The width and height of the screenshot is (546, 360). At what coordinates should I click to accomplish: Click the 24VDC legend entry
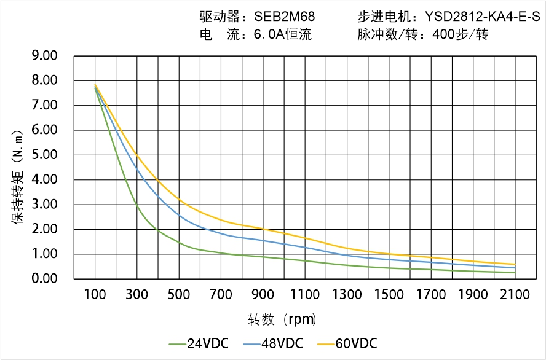(199, 343)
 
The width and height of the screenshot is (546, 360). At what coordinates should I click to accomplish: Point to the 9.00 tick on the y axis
(44, 56)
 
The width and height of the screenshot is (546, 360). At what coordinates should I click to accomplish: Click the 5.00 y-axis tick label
(44, 155)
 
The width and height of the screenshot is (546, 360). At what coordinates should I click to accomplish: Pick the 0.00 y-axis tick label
(44, 279)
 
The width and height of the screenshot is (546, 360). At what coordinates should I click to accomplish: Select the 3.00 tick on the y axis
(44, 205)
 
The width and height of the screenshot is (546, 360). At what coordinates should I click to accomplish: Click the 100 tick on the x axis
(95, 294)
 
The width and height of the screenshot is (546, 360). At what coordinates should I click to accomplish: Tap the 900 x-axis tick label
(263, 294)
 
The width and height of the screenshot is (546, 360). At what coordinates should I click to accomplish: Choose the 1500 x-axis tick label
(389, 294)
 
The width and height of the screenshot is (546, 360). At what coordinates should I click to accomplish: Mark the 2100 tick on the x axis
(515, 294)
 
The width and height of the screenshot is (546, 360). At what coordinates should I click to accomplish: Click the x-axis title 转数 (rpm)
(282, 319)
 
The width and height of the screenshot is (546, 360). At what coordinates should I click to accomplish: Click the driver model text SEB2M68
(285, 17)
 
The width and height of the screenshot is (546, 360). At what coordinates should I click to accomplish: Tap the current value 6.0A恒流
(282, 34)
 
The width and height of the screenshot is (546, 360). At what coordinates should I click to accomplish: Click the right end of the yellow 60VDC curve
(515, 264)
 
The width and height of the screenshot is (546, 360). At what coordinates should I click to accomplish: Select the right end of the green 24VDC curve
(515, 273)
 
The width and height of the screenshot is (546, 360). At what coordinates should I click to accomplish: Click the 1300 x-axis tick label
(347, 294)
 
